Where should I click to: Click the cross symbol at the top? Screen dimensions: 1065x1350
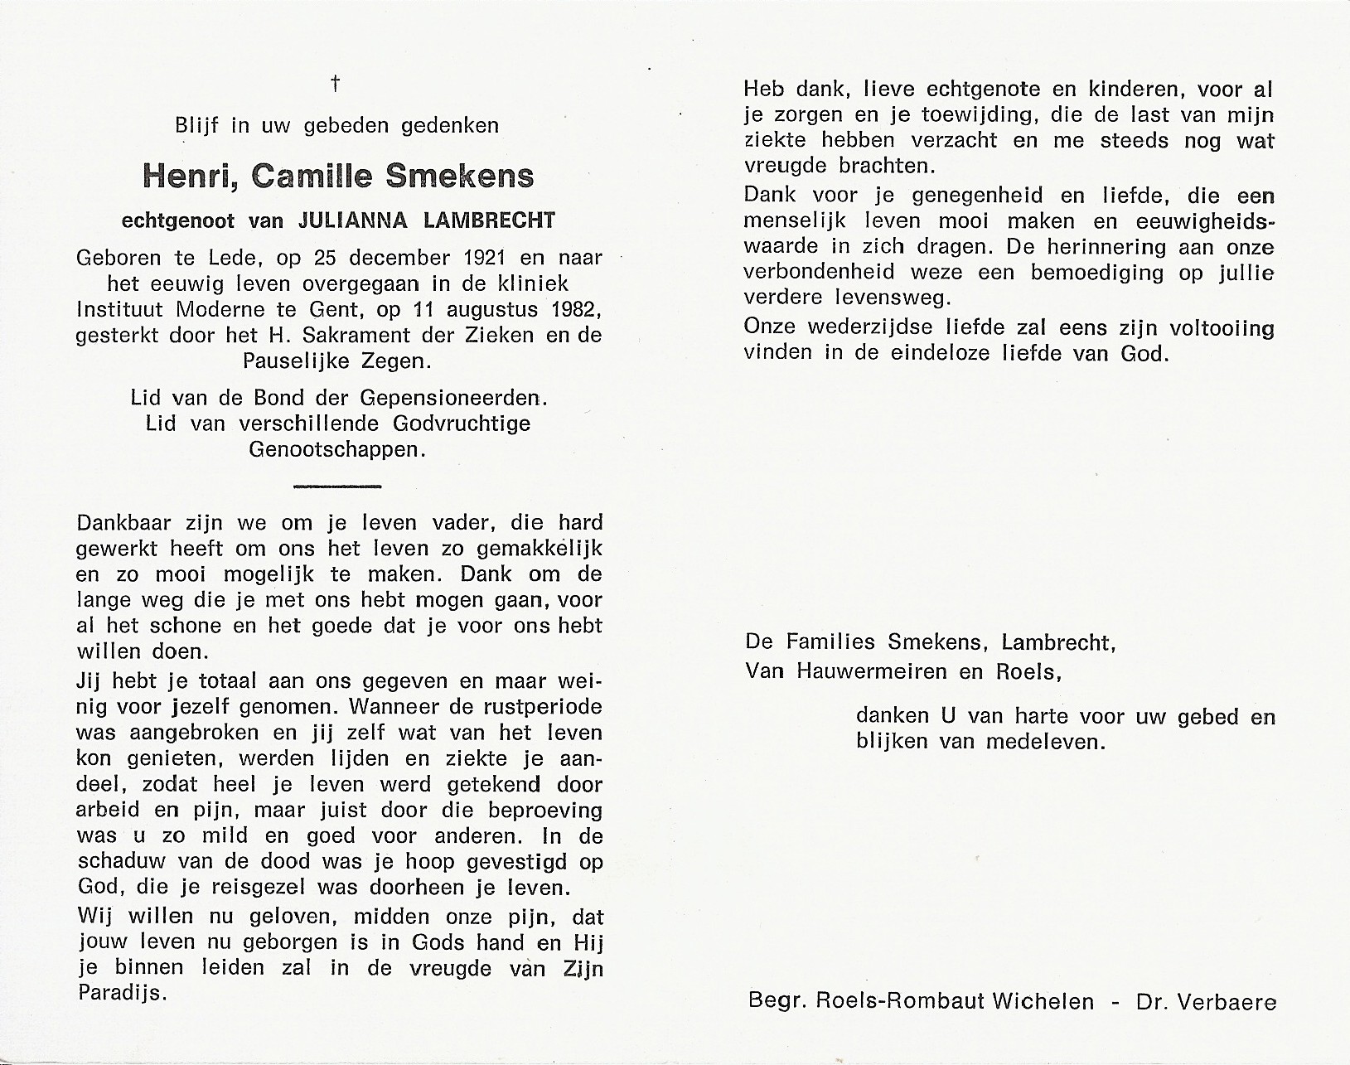pos(336,83)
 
